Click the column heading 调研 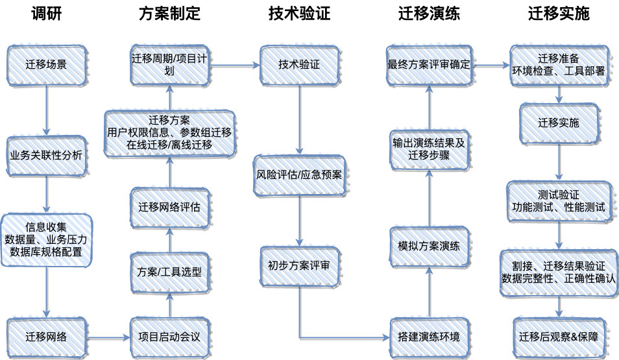(x=47, y=14)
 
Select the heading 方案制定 (x=170, y=14)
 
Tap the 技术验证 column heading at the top (x=299, y=14)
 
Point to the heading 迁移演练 (x=429, y=14)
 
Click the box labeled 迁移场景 (x=47, y=65)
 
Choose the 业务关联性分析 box (x=47, y=156)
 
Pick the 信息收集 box (x=47, y=240)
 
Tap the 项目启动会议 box (x=170, y=337)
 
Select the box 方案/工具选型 (x=170, y=272)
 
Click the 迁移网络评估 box (x=170, y=208)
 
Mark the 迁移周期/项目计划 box (x=170, y=65)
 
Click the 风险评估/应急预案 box (x=299, y=175)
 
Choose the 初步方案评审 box (x=299, y=266)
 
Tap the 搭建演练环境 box (x=429, y=337)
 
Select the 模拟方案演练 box (x=429, y=246)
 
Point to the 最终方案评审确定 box (x=429, y=65)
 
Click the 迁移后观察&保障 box (x=559, y=337)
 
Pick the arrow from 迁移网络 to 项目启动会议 (x=109, y=337)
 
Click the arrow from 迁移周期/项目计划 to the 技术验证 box (x=234, y=65)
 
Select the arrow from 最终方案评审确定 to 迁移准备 (x=491, y=65)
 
